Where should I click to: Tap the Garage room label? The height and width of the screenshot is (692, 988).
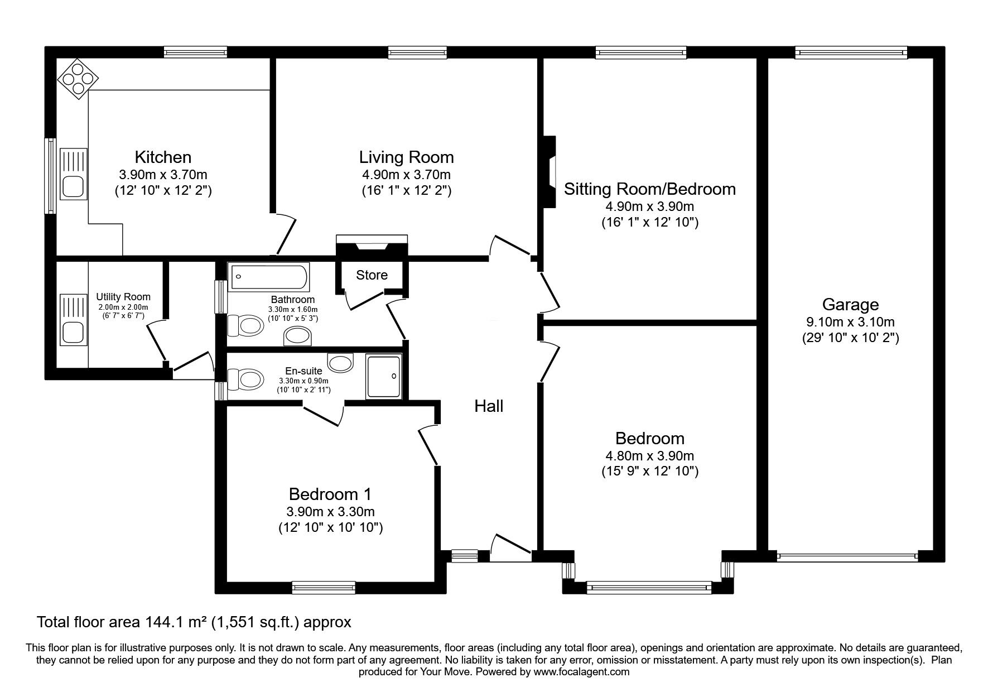tap(850, 305)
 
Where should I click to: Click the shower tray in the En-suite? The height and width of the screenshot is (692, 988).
tap(384, 377)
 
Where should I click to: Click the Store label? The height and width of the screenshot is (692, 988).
tap(372, 275)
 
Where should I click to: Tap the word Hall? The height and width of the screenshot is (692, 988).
tap(489, 406)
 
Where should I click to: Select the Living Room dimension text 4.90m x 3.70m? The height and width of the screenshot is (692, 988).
tap(406, 175)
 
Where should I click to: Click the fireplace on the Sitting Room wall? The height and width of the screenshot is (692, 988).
tap(550, 173)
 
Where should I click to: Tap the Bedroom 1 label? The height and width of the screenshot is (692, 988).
tap(330, 494)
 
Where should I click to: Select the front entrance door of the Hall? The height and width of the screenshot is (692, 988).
tap(510, 550)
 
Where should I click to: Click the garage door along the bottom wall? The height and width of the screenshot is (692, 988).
tap(847, 556)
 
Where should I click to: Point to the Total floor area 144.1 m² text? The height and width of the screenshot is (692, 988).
tap(194, 622)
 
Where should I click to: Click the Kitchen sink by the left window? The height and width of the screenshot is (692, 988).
tap(74, 174)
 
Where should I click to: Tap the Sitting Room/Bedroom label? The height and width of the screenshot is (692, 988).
tap(649, 189)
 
